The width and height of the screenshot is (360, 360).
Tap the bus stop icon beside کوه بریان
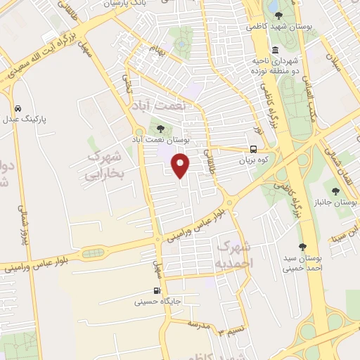[x=253, y=149]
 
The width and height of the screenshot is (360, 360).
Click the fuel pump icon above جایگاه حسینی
[x=156, y=291]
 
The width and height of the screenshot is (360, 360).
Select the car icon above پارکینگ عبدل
[x=18, y=109]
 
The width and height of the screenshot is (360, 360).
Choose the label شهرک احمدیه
[x=233, y=254]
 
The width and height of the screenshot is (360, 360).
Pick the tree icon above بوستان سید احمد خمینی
[x=302, y=247]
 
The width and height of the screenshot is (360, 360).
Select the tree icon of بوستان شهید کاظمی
[x=278, y=15]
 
